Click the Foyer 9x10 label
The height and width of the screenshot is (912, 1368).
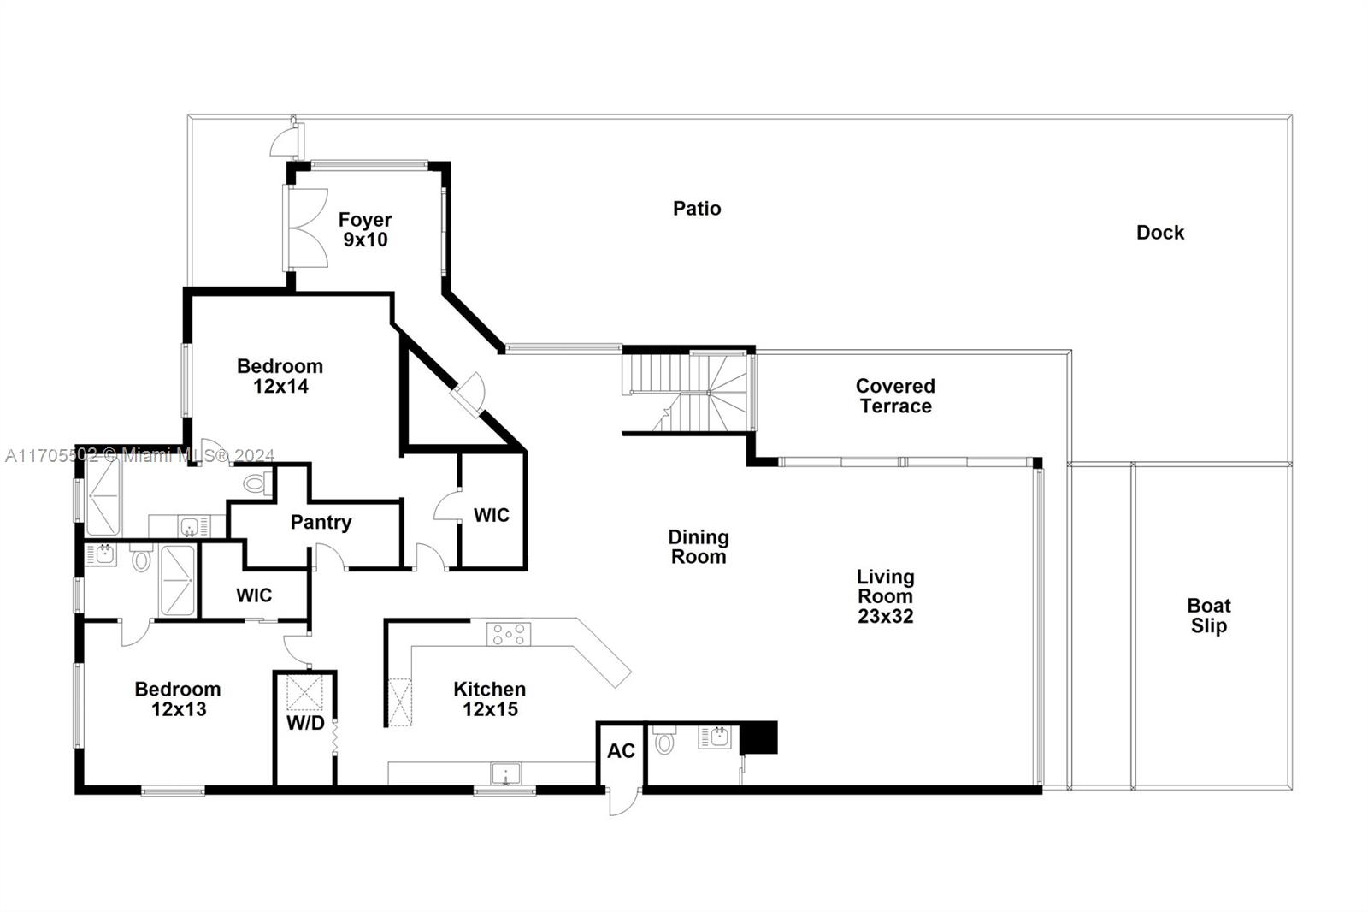365,230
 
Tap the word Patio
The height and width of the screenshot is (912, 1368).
697,209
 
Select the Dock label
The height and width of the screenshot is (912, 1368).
1160,233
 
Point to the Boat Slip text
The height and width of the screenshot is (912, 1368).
1208,616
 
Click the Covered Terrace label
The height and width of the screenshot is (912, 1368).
895,396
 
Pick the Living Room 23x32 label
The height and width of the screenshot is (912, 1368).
886,596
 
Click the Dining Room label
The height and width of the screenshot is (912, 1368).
698,547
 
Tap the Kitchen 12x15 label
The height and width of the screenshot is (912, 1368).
489,699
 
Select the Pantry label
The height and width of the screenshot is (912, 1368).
321,523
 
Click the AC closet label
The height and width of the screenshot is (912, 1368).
621,751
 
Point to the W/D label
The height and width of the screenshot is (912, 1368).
305,723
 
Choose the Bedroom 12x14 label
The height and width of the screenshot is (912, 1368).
280,376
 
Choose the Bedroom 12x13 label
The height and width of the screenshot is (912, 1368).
178,699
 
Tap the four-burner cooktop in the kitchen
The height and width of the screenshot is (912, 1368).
509,634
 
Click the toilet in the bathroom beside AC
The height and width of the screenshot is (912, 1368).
664,741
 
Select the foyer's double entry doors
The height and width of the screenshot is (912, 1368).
305,227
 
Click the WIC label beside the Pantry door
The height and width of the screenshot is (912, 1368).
492,515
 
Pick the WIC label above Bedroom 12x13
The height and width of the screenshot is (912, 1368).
254,595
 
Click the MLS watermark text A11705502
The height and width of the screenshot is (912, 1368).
51,456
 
